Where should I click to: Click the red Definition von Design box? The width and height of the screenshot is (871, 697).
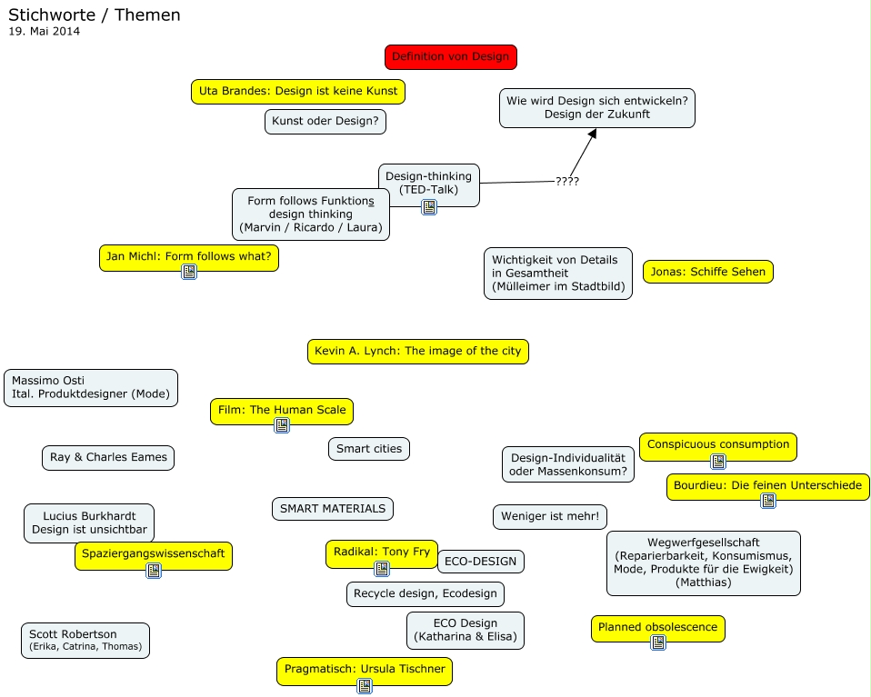[x=450, y=56]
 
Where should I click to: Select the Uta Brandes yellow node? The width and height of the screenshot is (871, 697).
[x=297, y=92]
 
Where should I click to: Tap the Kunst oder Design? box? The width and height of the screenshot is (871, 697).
[x=325, y=122]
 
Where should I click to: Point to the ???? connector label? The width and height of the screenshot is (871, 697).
[x=567, y=181]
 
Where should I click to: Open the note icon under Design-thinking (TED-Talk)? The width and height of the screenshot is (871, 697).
[x=429, y=207]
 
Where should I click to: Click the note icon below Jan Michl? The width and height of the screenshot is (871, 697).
[x=189, y=271]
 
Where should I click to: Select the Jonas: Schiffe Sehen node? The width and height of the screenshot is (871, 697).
[x=708, y=272]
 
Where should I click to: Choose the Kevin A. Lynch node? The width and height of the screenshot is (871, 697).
[x=417, y=351]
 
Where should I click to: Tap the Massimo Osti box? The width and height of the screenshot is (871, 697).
[x=91, y=388]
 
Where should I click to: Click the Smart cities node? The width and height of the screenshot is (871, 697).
[x=369, y=449]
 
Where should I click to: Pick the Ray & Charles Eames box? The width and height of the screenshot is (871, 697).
[x=108, y=457]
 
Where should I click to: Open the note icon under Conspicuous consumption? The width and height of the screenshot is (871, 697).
[x=718, y=461]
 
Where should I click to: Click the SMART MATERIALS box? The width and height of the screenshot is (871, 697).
[x=332, y=509]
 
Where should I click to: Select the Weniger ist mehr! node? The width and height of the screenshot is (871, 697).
[x=549, y=517]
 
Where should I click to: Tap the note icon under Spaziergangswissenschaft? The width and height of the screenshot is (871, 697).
[x=154, y=571]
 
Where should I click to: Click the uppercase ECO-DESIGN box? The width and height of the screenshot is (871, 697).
[x=480, y=562]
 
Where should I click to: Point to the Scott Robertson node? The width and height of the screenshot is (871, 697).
[x=85, y=640]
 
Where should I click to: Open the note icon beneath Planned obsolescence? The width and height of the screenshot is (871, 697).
[x=658, y=642]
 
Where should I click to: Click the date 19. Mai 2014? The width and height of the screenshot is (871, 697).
[x=45, y=31]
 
